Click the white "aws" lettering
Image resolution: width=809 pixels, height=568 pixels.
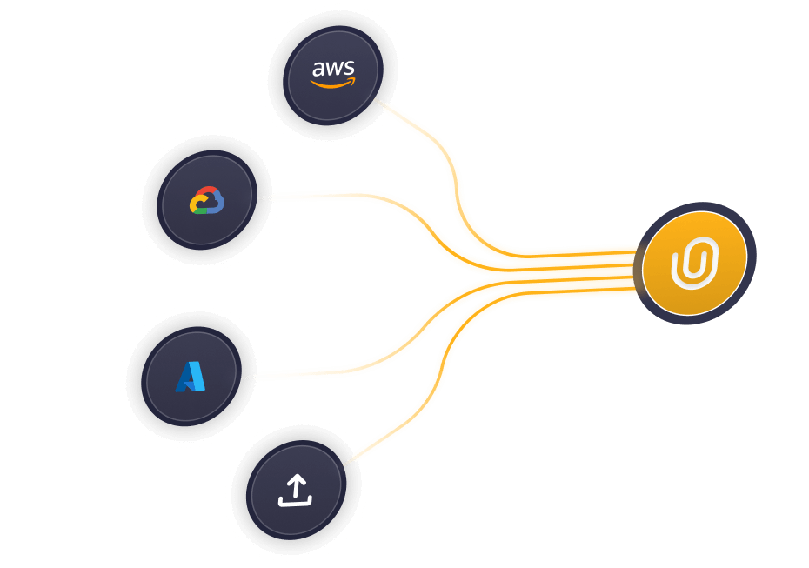[334, 68]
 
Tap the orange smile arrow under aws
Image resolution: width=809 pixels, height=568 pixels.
[332, 84]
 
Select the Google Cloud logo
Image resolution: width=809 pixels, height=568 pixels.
[207, 201]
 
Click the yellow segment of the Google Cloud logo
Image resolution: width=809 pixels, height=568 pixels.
[195, 205]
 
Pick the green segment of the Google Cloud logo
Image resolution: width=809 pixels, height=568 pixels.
[204, 210]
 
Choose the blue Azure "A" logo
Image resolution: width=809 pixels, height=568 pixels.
[191, 377]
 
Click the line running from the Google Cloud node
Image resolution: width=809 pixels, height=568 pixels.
[365, 195]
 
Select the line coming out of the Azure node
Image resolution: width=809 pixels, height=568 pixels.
[348, 371]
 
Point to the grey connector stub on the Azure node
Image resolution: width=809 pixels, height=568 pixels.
[247, 378]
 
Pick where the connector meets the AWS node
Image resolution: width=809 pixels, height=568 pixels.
[379, 103]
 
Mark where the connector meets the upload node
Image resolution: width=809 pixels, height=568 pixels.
[349, 462]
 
